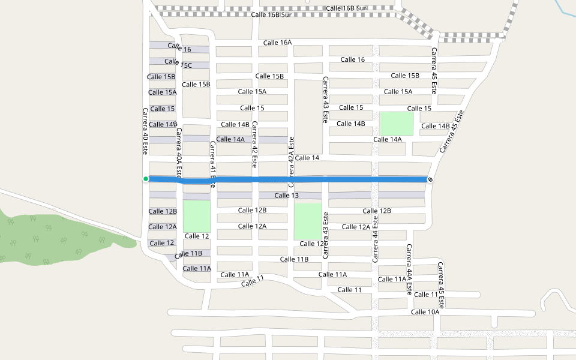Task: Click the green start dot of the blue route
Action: pyautogui.click(x=146, y=179)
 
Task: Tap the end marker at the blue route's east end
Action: pyautogui.click(x=430, y=179)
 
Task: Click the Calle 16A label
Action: pyautogui.click(x=277, y=43)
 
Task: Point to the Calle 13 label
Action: pyautogui.click(x=286, y=196)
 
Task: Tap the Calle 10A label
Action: pyautogui.click(x=425, y=312)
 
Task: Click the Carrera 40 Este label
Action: pyautogui.click(x=145, y=131)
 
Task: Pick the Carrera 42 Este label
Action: pyautogui.click(x=254, y=144)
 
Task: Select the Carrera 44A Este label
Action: pyautogui.click(x=409, y=269)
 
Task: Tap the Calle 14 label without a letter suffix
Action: pyautogui.click(x=307, y=158)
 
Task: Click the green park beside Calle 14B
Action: pyautogui.click(x=396, y=124)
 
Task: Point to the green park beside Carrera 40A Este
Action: pyautogui.click(x=197, y=215)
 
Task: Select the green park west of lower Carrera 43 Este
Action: pyautogui.click(x=308, y=221)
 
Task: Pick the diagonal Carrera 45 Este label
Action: pyautogui.click(x=452, y=131)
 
